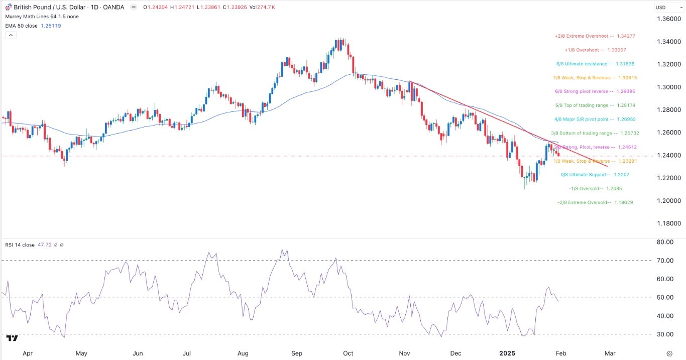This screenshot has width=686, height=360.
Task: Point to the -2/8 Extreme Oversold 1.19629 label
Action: [595, 202]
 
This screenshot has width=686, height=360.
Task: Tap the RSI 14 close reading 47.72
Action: [48, 245]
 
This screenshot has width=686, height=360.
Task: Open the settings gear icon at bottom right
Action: [669, 353]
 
